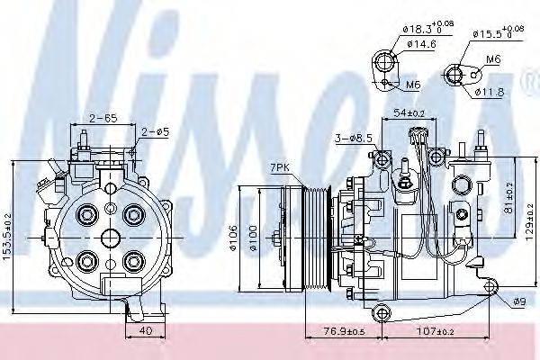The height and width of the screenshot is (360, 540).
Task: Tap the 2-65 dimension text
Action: coord(102,118)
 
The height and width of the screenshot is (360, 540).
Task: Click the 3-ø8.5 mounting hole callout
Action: coord(352,138)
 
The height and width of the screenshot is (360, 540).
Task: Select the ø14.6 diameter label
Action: coord(420,44)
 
